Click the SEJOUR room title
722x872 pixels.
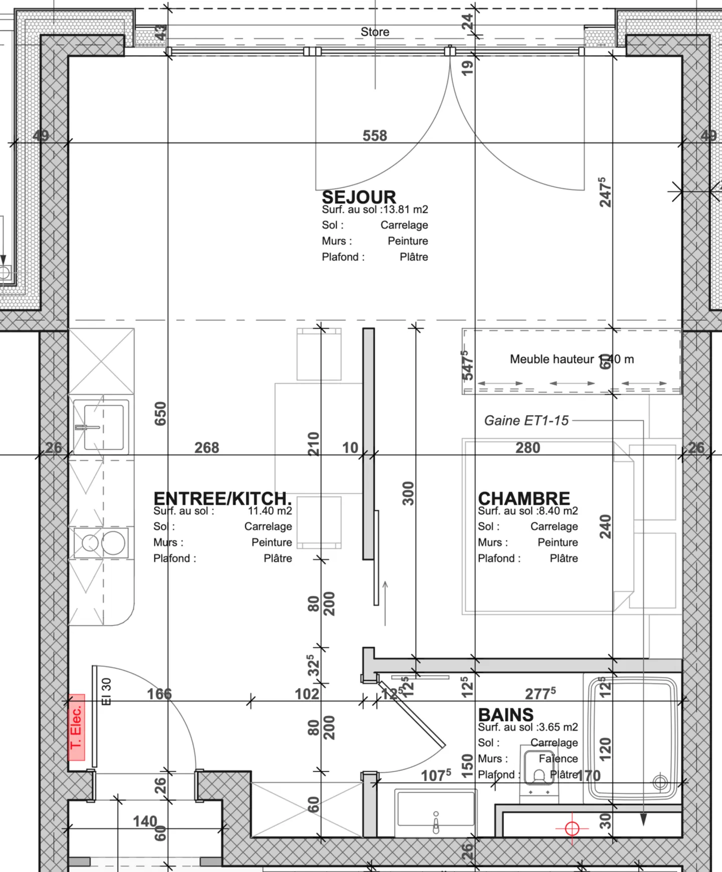[358, 197]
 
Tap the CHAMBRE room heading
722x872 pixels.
[523, 498]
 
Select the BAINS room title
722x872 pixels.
[505, 715]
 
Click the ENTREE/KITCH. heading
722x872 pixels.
[222, 498]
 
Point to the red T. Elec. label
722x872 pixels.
[77, 727]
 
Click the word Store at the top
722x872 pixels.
[375, 32]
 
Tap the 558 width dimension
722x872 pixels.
[375, 135]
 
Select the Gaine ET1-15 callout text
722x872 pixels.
[526, 420]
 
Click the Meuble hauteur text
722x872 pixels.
[552, 359]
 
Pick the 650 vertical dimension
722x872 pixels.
[160, 414]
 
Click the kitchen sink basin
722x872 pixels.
[104, 427]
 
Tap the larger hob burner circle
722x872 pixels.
[113, 543]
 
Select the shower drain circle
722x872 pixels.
[660, 782]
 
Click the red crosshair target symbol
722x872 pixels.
[572, 828]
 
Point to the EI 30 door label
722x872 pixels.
[106, 691]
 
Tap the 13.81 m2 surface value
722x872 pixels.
[406, 210]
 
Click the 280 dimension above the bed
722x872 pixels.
[527, 447]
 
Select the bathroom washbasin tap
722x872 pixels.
[436, 822]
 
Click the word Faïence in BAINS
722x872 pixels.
[558, 759]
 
